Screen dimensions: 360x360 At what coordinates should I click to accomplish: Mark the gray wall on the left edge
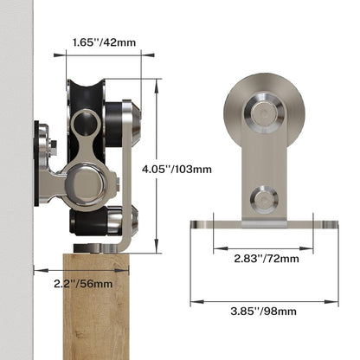click(x=16, y=173)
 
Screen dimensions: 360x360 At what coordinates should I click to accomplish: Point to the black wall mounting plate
click(x=39, y=164)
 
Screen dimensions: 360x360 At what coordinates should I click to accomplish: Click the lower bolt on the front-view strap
click(x=261, y=199)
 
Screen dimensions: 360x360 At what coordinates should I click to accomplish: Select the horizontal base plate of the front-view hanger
click(x=264, y=225)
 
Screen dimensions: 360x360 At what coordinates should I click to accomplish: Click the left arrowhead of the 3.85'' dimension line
click(x=193, y=302)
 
